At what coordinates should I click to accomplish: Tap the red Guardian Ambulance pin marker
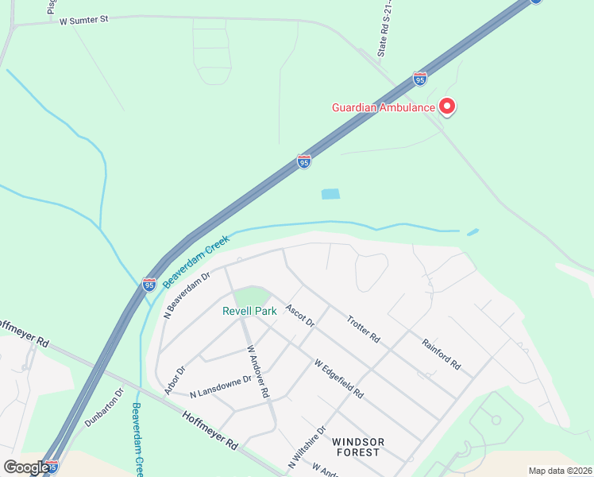click(x=446, y=106)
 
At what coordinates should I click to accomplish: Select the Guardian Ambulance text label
click(x=383, y=107)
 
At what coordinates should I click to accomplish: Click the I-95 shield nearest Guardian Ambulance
click(x=420, y=79)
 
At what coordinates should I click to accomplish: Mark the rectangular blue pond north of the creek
click(x=330, y=194)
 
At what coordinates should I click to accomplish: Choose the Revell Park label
click(x=249, y=311)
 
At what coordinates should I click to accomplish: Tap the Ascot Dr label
click(x=300, y=316)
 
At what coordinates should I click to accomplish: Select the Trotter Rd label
click(x=364, y=329)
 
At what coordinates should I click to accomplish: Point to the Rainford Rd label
click(x=442, y=355)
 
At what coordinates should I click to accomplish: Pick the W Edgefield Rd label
click(x=338, y=379)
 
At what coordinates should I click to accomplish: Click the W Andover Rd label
click(x=258, y=371)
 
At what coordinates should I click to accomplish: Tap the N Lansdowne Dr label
click(x=221, y=386)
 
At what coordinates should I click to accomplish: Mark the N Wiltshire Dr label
click(x=307, y=449)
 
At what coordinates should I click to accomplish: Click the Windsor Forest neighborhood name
click(x=358, y=447)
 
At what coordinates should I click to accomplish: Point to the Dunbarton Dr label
click(x=105, y=407)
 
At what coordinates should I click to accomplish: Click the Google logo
click(x=25, y=467)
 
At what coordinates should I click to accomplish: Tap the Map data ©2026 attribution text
click(x=559, y=471)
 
